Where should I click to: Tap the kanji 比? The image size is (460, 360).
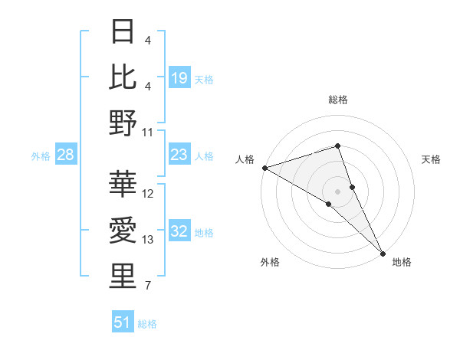123,76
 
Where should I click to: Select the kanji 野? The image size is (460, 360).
123,122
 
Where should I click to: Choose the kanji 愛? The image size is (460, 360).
123,229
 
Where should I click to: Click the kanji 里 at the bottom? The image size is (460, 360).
123,275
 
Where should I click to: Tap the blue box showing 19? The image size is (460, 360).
179,77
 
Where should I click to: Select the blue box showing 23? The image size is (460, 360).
179,155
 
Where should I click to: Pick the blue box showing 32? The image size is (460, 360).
179,231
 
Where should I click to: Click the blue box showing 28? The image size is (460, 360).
66,155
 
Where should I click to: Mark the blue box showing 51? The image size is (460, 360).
123,322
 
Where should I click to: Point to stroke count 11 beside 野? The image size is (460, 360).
148,132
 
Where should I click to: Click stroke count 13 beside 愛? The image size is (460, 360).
148,240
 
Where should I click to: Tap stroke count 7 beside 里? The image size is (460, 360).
148,286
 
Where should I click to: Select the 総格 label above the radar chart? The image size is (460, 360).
338,100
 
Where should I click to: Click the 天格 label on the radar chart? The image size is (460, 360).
432,159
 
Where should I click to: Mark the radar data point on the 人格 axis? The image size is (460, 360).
264,167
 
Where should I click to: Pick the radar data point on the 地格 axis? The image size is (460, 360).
383,253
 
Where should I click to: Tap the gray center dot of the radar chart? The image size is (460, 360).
338,191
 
